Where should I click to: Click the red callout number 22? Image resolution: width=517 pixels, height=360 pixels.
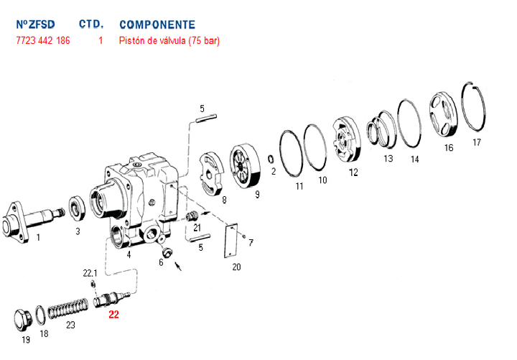pos(113,313)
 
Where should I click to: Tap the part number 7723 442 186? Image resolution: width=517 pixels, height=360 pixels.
pos(43,41)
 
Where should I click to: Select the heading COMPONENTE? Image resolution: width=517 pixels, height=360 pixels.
pos(157,24)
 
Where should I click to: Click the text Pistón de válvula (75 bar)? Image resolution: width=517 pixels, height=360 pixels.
pos(169,41)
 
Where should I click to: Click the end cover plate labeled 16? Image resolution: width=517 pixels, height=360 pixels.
pos(443,116)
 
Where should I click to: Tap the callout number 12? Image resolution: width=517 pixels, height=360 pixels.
pos(353,172)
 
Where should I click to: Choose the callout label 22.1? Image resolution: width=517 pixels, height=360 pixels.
pos(90,273)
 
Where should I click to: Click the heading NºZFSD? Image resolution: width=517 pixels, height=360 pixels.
pos(34,24)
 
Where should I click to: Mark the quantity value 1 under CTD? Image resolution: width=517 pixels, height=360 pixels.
pos(101,41)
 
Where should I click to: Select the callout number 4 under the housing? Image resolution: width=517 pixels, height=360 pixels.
pos(129,254)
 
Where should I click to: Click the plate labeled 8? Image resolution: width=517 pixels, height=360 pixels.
pos(212,173)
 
